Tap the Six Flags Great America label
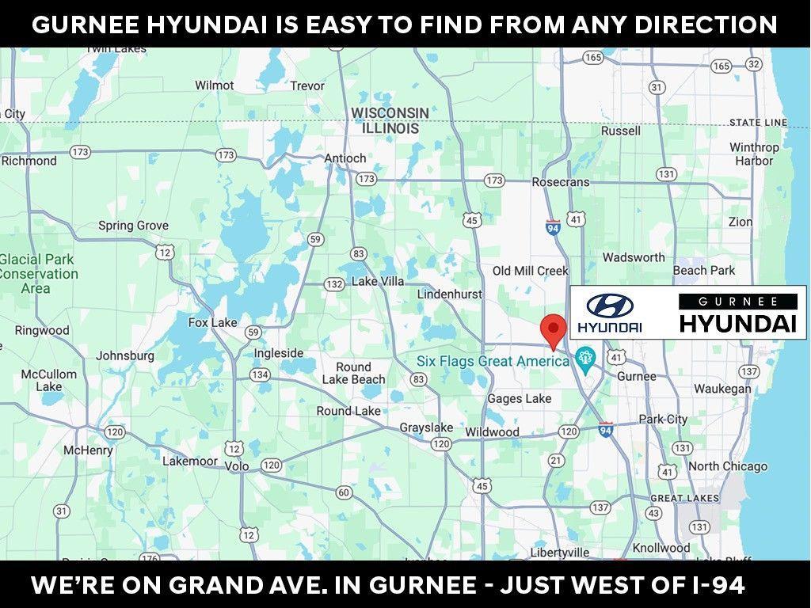pos(493,362)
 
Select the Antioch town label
pos(345,158)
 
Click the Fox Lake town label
pos(212,322)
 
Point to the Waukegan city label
pos(722,389)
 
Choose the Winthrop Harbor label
pos(754,154)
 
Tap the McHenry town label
pos(88,450)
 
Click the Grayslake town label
pos(426,427)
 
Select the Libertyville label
pos(560,552)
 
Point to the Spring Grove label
pos(133,226)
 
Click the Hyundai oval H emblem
pos(610,306)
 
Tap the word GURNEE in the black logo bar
pos(737,301)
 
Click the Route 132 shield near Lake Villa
pos(334,283)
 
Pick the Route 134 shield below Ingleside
pos(260,374)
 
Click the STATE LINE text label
pos(758,122)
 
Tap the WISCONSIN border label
pos(390,113)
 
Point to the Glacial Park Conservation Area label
pos(38,274)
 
